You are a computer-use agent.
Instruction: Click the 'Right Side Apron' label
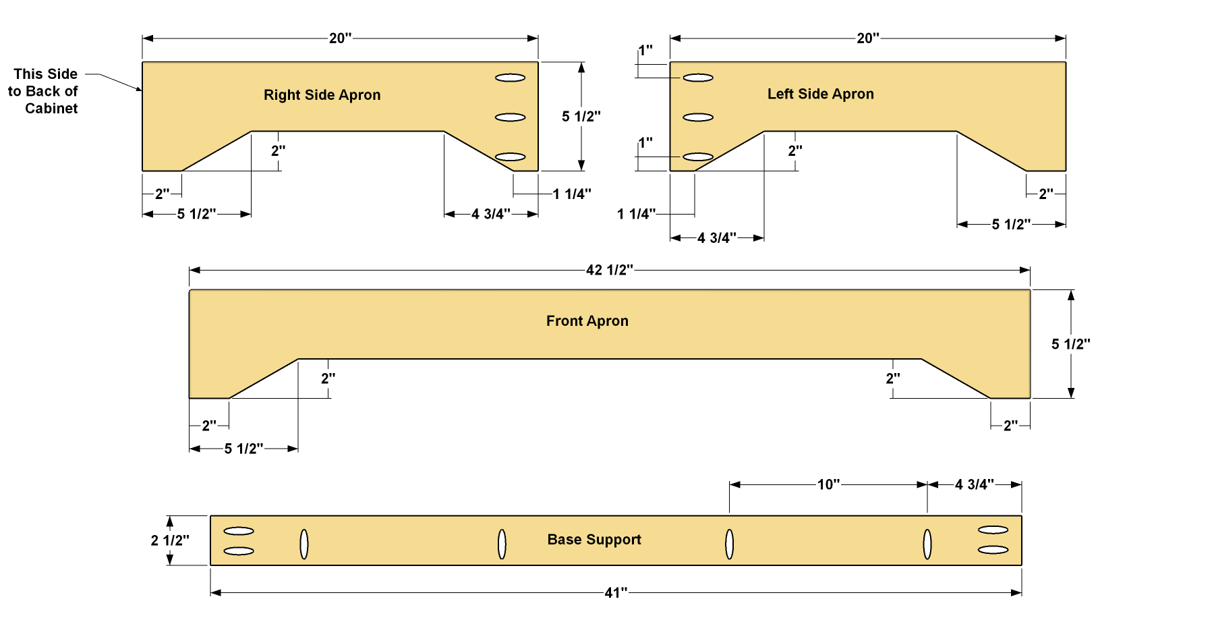tap(322, 95)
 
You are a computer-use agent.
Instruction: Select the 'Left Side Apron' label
tap(820, 94)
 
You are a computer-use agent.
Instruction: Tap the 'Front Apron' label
tap(587, 321)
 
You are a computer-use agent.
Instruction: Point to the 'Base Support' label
tap(594, 540)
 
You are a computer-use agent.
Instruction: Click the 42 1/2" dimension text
tap(609, 271)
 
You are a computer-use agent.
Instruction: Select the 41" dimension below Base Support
tap(616, 593)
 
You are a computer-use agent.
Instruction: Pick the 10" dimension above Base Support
tap(828, 484)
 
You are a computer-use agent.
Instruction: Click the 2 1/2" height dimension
tap(170, 540)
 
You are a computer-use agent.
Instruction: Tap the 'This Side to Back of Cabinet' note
tap(43, 91)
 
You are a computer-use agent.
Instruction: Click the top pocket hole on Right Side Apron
tap(510, 78)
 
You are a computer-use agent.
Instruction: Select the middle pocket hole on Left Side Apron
tap(698, 117)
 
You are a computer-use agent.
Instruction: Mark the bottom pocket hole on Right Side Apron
tap(510, 157)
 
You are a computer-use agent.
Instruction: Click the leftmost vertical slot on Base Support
tap(304, 544)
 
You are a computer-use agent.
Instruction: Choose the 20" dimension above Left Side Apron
tap(868, 38)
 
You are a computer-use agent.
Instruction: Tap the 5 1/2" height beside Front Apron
tap(1070, 345)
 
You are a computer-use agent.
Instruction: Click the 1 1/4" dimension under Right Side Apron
tap(572, 194)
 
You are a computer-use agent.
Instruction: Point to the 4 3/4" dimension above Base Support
tap(974, 484)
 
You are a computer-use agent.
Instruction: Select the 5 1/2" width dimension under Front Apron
tap(243, 449)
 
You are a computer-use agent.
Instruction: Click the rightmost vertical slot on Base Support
tap(927, 544)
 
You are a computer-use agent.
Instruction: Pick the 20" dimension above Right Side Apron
tap(341, 38)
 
